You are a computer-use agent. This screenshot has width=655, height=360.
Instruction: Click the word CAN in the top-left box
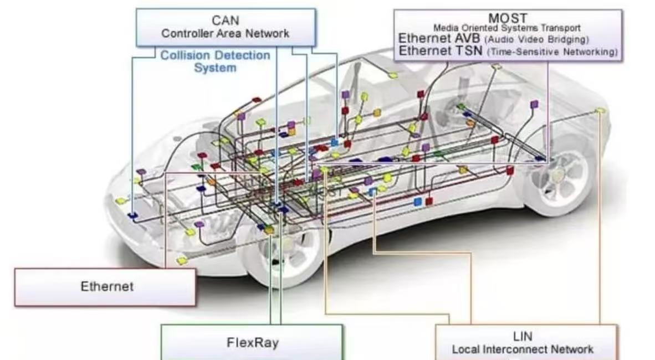[225, 20]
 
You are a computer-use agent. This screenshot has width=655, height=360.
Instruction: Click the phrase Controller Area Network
[225, 33]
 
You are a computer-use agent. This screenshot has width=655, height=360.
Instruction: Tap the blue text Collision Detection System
[215, 61]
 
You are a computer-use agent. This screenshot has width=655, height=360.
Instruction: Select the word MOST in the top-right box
[507, 18]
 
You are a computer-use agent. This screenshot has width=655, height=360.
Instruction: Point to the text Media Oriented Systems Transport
[506, 28]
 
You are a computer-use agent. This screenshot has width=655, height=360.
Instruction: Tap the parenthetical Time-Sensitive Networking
[552, 52]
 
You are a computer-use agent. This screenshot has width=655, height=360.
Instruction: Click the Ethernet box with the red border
[105, 287]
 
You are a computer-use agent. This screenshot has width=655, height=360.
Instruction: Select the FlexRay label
[252, 342]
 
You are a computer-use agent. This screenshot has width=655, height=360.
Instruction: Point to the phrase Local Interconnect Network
[523, 349]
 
